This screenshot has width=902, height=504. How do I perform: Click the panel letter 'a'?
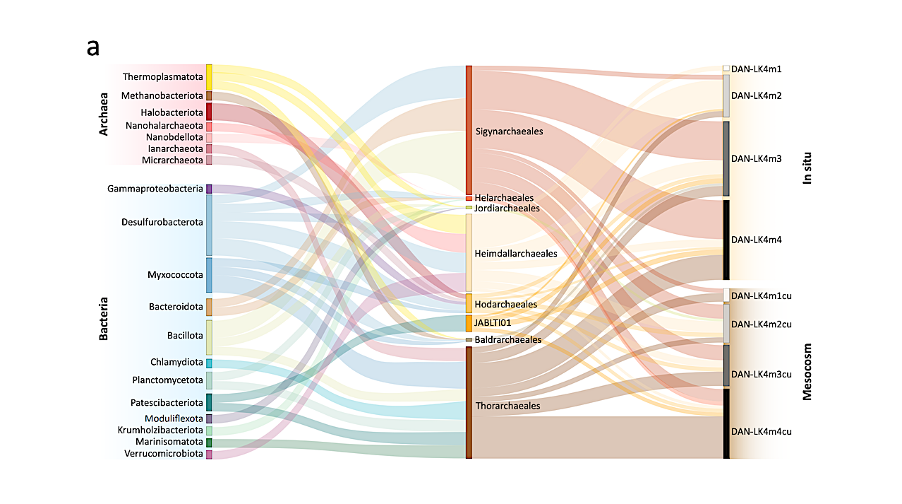93,48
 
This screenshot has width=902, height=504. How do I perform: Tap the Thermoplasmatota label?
162,76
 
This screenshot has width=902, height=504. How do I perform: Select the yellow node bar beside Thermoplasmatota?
209,76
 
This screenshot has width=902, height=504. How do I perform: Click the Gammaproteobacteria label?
155,189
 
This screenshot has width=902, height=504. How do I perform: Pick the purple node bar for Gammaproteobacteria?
209,189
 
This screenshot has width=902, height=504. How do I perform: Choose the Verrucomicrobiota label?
164,454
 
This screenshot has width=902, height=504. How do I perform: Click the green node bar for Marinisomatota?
209,443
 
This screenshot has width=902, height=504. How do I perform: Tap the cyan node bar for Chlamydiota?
209,363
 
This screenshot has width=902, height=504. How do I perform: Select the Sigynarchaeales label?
509,131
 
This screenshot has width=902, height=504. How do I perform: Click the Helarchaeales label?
504,198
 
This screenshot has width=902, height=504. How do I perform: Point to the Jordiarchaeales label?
507,209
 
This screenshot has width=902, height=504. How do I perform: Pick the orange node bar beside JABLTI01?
469,323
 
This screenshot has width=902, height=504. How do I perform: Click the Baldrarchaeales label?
508,340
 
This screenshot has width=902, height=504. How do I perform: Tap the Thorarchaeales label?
507,406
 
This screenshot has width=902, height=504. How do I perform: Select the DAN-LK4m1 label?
756,69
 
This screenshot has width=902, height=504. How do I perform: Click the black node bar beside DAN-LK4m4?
726,240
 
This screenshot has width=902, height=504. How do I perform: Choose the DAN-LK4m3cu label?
761,374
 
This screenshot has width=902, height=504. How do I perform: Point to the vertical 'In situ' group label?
808,168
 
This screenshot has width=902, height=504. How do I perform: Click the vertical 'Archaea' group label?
104,113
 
